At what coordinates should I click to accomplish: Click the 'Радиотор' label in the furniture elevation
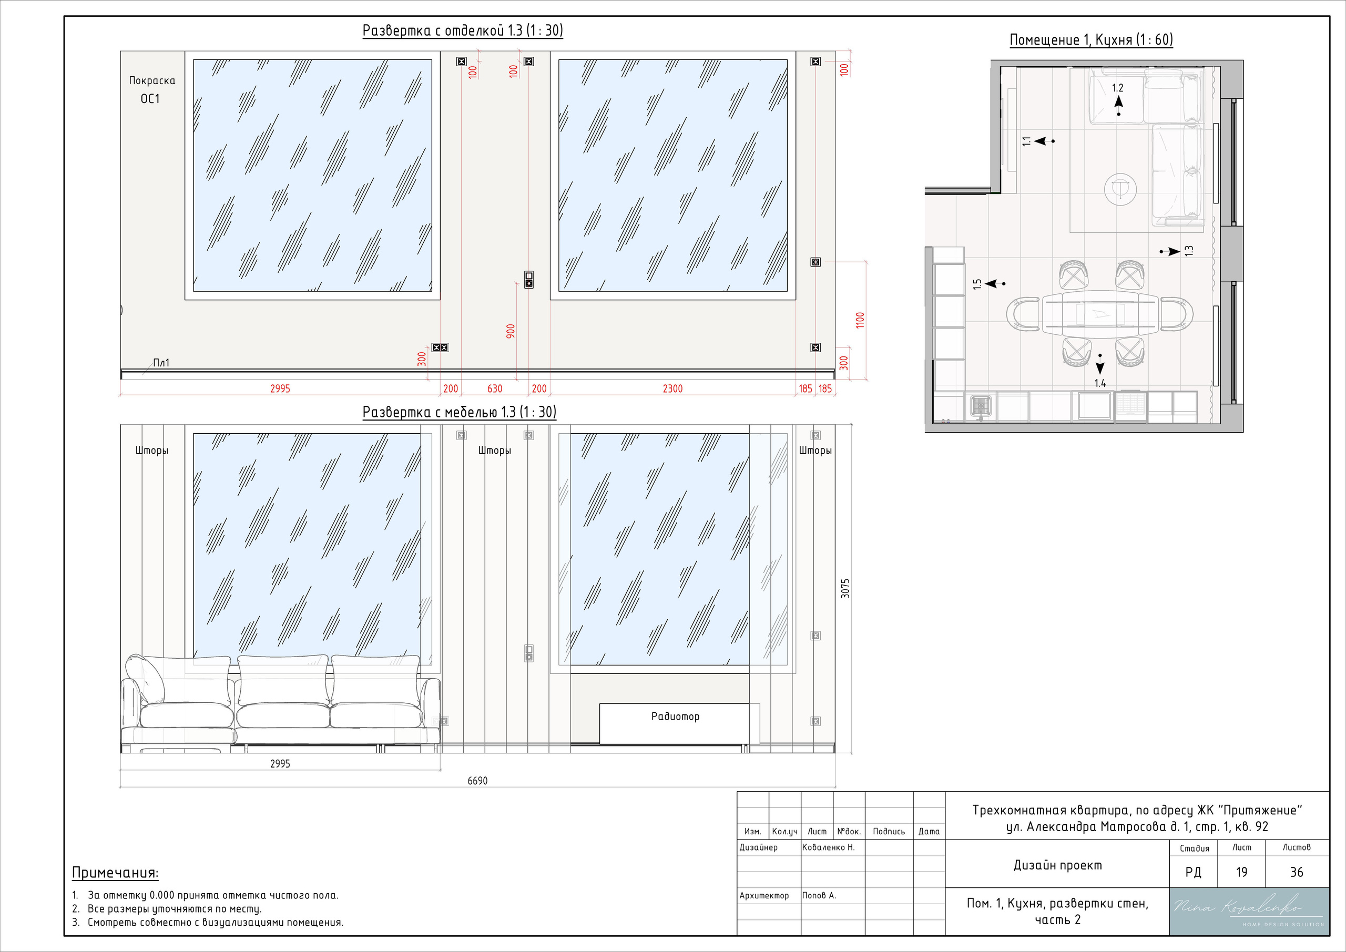coord(675,716)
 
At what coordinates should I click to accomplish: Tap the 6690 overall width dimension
coord(477,781)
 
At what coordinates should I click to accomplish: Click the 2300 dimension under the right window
coord(672,388)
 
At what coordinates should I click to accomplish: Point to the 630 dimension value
coord(495,388)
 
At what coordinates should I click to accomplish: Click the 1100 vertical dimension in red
coord(860,320)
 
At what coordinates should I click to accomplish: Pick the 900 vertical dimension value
coord(511,331)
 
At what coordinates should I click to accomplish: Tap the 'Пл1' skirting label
coord(161,363)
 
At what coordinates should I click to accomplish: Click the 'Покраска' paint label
coord(152,81)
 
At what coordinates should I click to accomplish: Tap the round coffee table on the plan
coord(1120,189)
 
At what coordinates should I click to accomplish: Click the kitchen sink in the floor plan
coord(980,406)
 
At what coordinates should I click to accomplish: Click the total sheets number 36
coord(1296,872)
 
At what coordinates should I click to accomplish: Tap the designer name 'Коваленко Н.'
coord(828,848)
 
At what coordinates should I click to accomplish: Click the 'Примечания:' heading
coord(115,873)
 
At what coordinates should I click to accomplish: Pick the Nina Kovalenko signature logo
coord(1249,911)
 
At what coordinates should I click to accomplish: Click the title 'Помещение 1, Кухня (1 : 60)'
coord(1091,40)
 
